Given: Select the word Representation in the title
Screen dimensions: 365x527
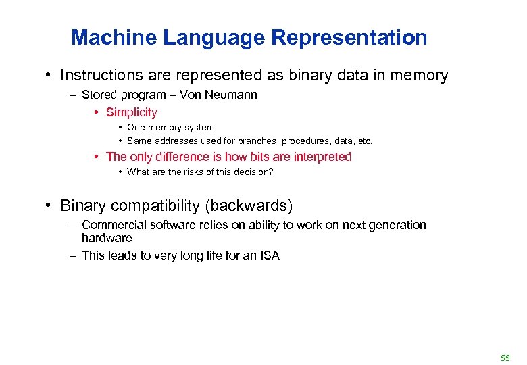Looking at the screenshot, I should pos(349,37).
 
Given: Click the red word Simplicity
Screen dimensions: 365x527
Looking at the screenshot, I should pos(132,112).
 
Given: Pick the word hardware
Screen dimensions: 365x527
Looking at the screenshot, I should pos(107,238).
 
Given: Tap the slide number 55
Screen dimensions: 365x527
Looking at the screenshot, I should pos(505,357).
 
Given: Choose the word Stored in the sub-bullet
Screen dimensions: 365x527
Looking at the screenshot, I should pos(98,95).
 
